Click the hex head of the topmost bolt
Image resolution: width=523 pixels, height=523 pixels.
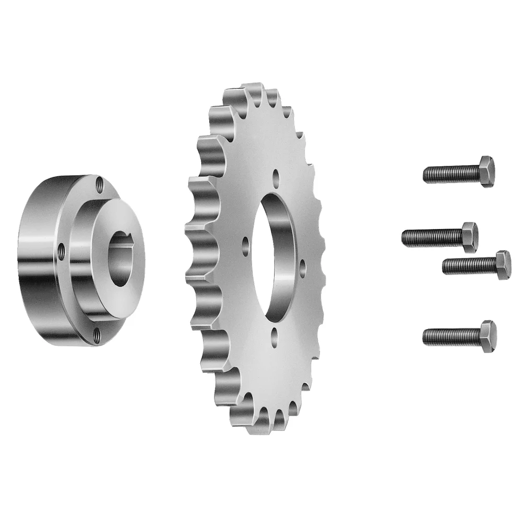pyautogui.click(x=485, y=171)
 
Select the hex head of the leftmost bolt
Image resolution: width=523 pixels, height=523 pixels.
pyautogui.click(x=469, y=237)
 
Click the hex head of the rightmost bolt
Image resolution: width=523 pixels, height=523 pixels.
pyautogui.click(x=503, y=265)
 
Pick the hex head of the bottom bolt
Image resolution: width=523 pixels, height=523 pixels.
pyautogui.click(x=487, y=336)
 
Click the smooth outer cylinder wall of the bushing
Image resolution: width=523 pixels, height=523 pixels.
pyautogui.click(x=37, y=261)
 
